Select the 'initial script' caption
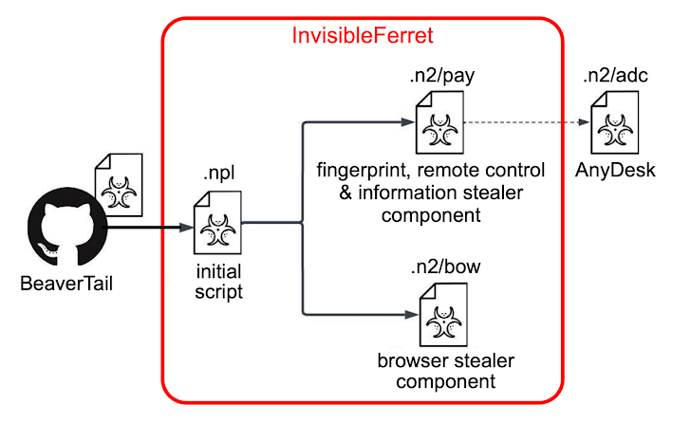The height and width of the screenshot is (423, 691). pyautogui.click(x=217, y=283)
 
